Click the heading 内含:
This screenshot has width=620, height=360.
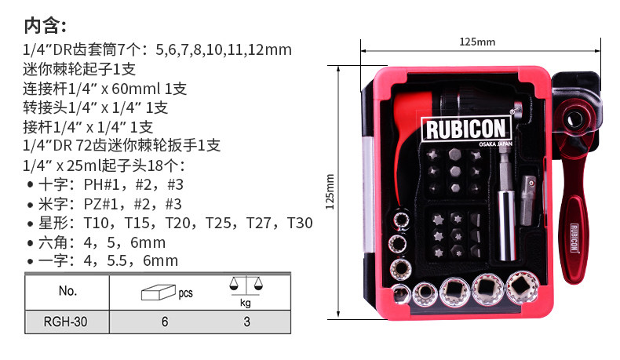tap(45, 26)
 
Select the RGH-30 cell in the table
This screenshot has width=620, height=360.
tap(67, 322)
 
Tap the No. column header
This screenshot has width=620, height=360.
tap(67, 291)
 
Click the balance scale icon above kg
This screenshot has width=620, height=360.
tap(246, 285)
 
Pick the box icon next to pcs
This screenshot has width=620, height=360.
tap(159, 293)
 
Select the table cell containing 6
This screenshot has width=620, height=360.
tap(165, 322)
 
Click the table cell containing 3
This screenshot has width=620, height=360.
tap(246, 322)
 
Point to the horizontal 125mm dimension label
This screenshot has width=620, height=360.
tap(477, 42)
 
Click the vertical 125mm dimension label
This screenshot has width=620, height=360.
tap(330, 191)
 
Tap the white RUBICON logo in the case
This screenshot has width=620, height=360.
tap(466, 129)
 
